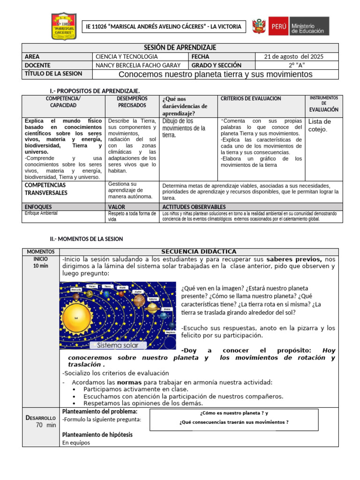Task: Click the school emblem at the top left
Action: pyautogui.click(x=64, y=26)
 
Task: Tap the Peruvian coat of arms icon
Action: pyautogui.click(x=259, y=26)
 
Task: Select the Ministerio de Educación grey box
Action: pyautogui.click(x=309, y=26)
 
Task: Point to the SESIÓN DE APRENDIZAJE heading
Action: pyautogui.click(x=180, y=48)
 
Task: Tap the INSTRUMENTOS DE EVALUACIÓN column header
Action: pyautogui.click(x=323, y=104)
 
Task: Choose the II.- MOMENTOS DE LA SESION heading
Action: pyautogui.click(x=86, y=239)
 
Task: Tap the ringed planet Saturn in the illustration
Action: pyautogui.click(x=151, y=308)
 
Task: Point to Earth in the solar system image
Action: pyautogui.click(x=106, y=293)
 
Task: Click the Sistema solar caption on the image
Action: pyautogui.click(x=118, y=345)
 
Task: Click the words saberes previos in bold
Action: pyautogui.click(x=294, y=259)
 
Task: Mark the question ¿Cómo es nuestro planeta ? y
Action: pyautogui.click(x=234, y=413)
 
